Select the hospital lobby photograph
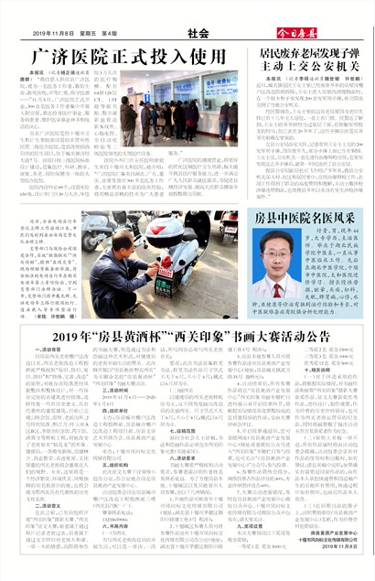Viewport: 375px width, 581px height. coord(179,111)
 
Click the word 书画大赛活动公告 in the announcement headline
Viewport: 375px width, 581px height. coord(259,337)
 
